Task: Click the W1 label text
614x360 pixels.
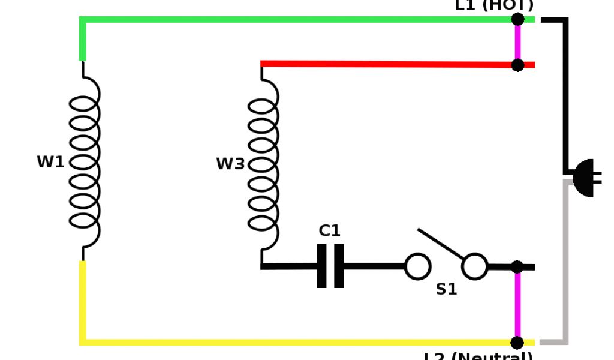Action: (50, 162)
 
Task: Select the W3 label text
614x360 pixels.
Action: (230, 164)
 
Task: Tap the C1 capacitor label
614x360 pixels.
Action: (329, 230)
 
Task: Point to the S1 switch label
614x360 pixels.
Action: (446, 289)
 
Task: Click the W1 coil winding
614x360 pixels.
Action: (85, 162)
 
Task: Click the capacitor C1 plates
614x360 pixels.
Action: (330, 266)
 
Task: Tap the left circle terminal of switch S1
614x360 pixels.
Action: (417, 266)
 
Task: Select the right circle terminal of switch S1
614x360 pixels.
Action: (475, 266)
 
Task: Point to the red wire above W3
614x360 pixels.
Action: (390, 64)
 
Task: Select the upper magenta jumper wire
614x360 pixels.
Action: (517, 42)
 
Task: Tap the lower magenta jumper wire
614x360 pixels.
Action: (517, 305)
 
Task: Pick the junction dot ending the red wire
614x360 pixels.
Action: (517, 65)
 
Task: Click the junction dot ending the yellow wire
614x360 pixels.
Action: (517, 342)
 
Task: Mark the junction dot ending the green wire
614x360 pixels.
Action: (517, 19)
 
